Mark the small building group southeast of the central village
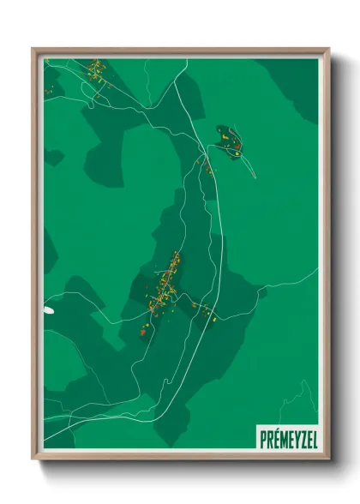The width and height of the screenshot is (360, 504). [x=206, y=312]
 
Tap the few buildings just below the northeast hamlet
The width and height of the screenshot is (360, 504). [x=207, y=168]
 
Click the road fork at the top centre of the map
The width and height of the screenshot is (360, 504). [x=177, y=82]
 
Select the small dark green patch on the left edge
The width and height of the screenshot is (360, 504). [x=54, y=158]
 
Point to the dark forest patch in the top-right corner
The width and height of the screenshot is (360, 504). [x=296, y=81]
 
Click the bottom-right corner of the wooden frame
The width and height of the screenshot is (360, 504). [x=327, y=460]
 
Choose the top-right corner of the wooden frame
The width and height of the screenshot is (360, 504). [x=327, y=50]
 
